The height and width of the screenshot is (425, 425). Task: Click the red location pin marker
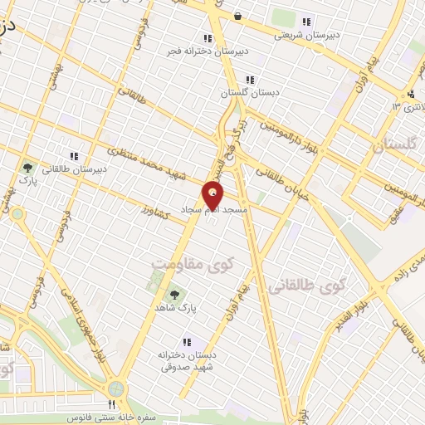pos(213,194)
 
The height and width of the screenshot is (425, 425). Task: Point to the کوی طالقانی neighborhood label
pos(306,287)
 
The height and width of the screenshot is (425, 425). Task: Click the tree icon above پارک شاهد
pos(175,295)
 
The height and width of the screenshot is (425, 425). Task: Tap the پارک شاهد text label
pos(175,309)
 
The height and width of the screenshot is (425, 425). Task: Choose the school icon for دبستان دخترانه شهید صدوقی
pos(187,341)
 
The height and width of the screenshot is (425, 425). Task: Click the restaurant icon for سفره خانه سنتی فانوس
pos(112,404)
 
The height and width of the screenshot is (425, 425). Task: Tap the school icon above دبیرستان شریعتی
pos(308,22)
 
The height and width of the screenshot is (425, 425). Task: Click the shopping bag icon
pos(237,16)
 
